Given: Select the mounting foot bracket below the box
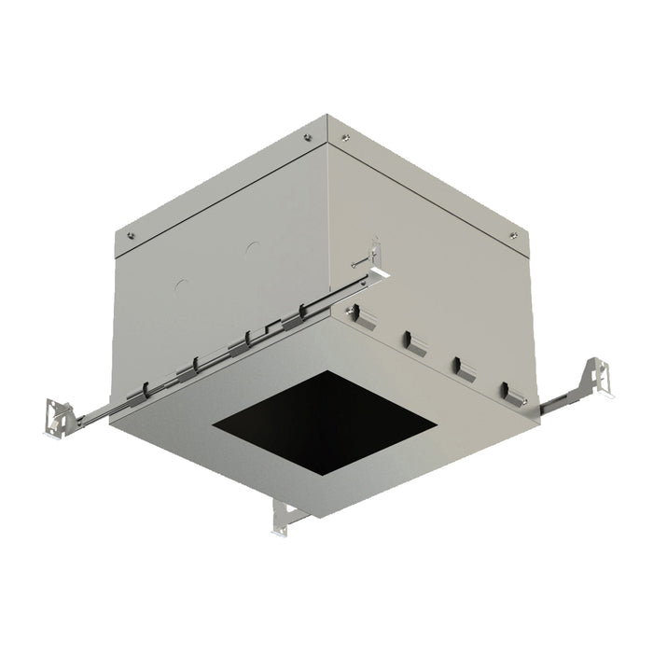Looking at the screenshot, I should (283, 517).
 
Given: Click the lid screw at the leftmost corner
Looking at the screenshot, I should (131, 235).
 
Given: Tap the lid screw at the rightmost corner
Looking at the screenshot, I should (512, 234).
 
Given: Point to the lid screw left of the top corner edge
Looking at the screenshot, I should (309, 137).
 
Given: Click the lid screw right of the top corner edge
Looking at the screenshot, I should (346, 138).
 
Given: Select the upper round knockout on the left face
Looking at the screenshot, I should (251, 250).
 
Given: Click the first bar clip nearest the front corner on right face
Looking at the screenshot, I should (364, 320).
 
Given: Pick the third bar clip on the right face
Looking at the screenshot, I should (461, 367).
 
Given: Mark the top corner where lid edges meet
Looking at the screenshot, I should (327, 116).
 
